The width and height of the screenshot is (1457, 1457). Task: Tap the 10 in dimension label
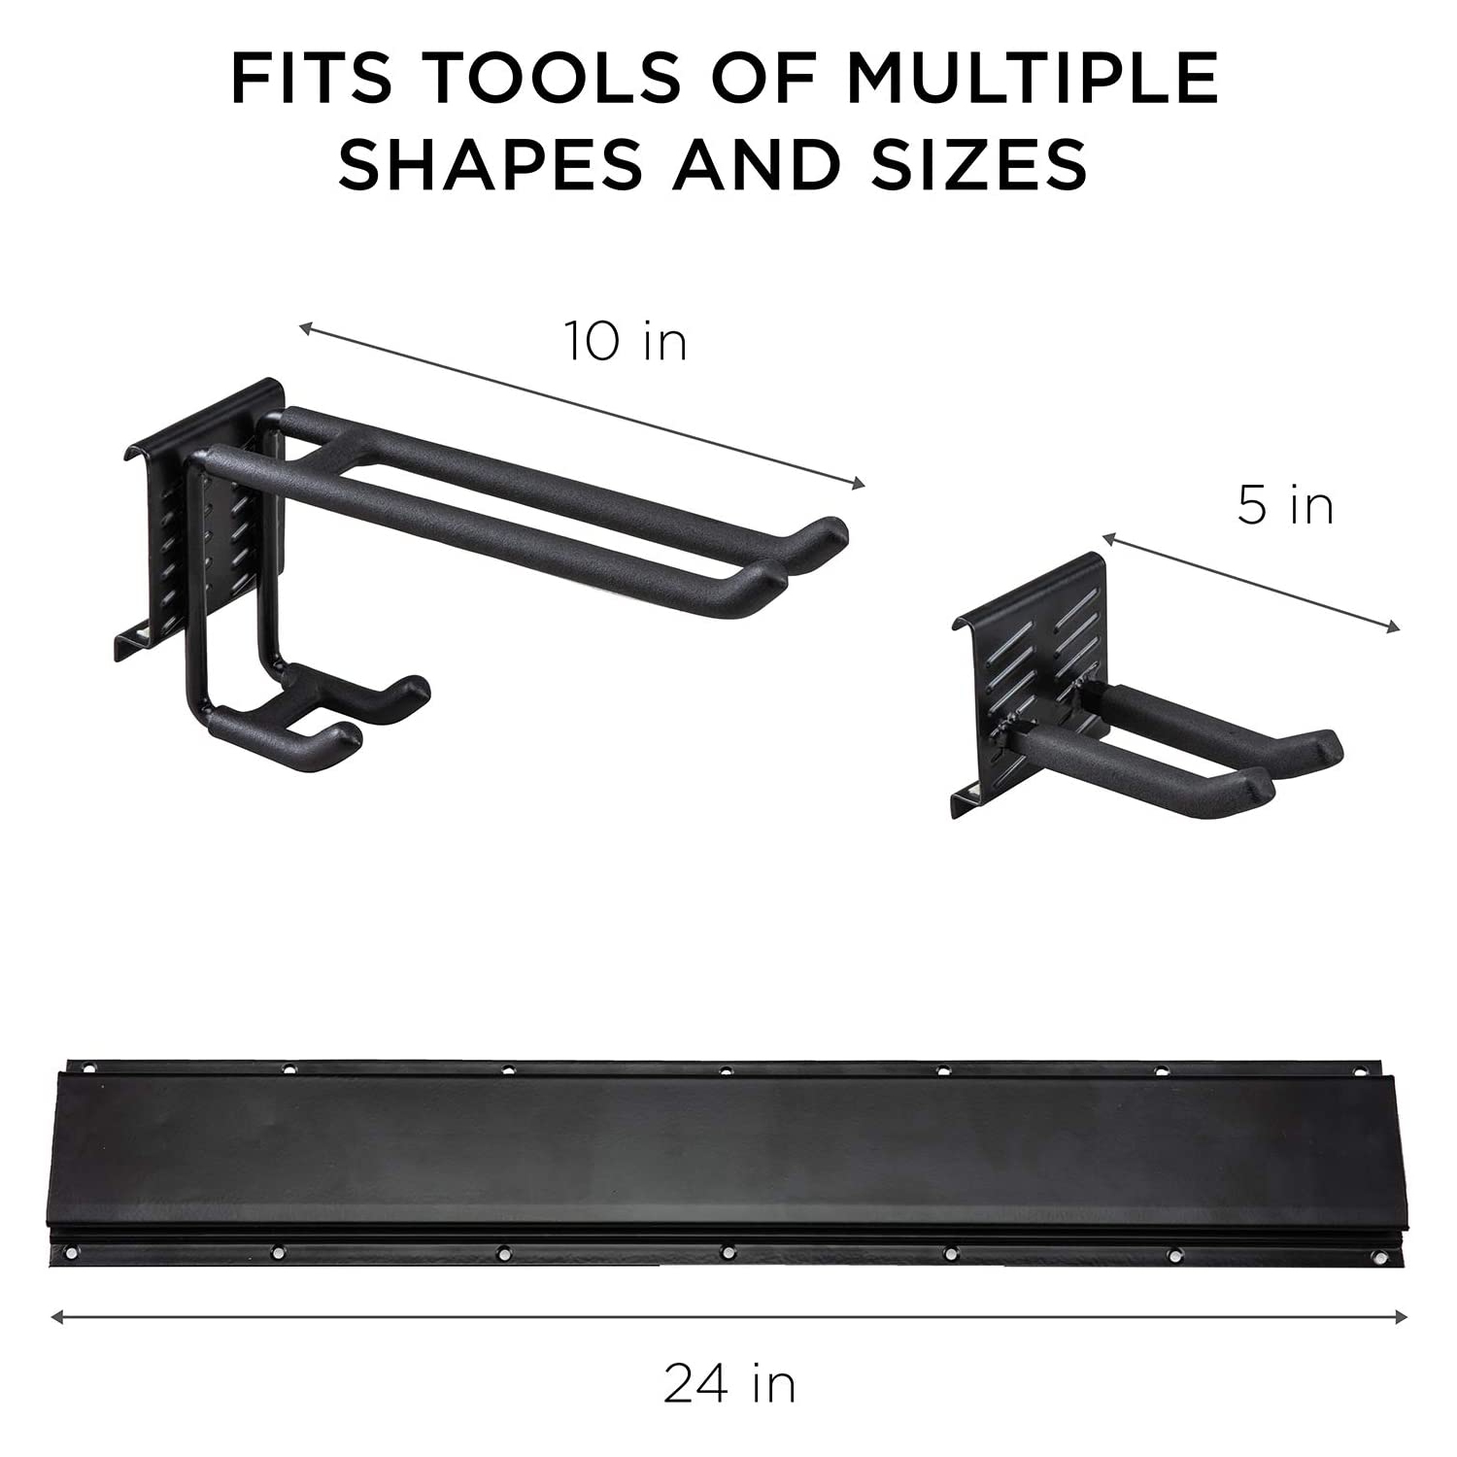click(x=626, y=342)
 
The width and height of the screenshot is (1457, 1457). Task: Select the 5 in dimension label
click(x=1284, y=506)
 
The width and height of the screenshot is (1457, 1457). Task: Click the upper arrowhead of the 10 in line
click(x=304, y=328)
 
